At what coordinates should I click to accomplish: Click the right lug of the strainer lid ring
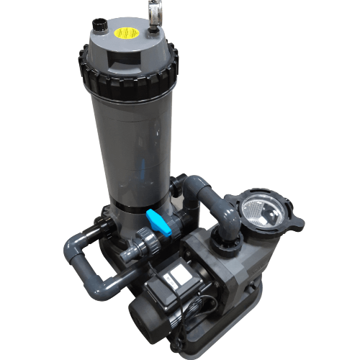[x=294, y=215]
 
